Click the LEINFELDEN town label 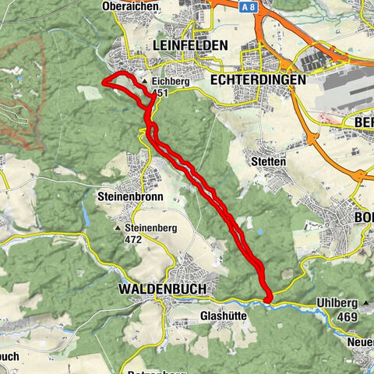click(x=191, y=45)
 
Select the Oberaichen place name click(x=132, y=6)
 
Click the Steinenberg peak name click(x=152, y=229)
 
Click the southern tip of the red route click(x=267, y=299)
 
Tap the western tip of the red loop click(x=104, y=81)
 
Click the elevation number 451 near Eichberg click(x=160, y=93)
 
